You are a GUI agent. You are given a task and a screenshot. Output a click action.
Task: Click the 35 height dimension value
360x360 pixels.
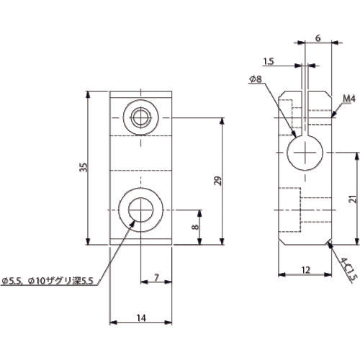click(x=84, y=168)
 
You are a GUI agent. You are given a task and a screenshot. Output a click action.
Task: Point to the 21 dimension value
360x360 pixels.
click(x=349, y=199)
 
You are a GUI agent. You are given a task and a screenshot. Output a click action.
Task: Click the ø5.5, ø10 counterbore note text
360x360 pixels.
click(x=49, y=279)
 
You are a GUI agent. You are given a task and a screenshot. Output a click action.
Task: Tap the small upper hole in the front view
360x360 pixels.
click(x=140, y=117)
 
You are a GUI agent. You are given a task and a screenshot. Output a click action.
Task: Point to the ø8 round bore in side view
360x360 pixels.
click(x=305, y=153)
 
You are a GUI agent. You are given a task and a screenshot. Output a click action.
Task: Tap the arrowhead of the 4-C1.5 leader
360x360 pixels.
click(x=328, y=245)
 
